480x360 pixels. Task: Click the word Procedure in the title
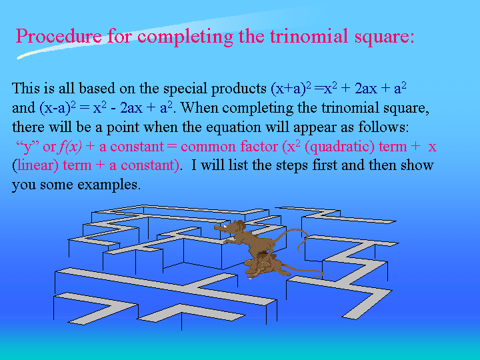(59, 37)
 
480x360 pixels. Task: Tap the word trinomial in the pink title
(309, 36)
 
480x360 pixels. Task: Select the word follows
(383, 127)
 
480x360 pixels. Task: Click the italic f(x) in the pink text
(71, 147)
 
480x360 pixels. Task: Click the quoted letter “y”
(27, 147)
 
